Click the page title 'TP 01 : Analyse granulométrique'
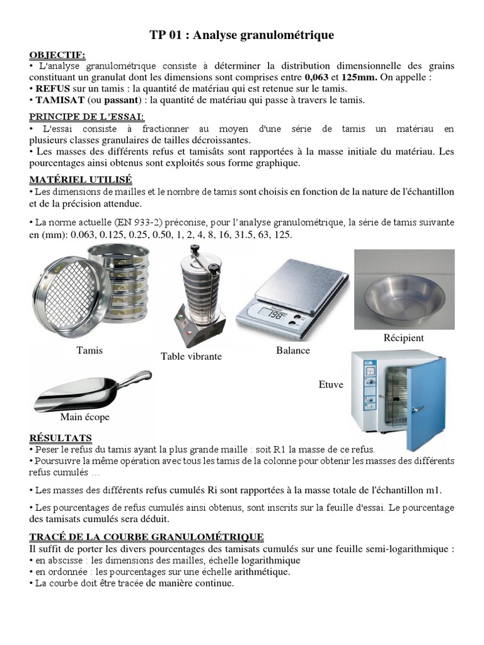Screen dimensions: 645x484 [x=242, y=36]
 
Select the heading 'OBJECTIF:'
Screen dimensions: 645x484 [x=57, y=55]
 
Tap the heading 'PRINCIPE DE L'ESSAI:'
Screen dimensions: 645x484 [x=88, y=117]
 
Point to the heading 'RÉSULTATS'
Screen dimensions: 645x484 [x=60, y=438]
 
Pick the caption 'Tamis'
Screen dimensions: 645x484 [x=89, y=350]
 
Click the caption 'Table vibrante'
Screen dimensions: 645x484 [x=192, y=357]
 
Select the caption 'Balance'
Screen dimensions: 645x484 [x=293, y=350]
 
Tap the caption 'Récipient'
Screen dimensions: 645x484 [x=403, y=338]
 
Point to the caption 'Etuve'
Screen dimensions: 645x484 [x=331, y=384]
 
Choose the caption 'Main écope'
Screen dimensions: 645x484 [x=84, y=417]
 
